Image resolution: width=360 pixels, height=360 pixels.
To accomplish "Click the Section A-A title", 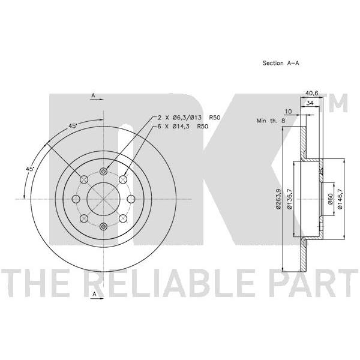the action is coord(281,63).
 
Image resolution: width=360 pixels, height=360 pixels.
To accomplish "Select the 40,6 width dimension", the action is coord(311,93).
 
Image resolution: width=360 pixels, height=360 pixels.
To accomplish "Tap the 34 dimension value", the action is coord(310,103).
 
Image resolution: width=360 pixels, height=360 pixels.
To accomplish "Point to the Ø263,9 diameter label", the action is coord(278,199).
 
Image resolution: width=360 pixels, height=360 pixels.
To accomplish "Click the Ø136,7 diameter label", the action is coord(290,199).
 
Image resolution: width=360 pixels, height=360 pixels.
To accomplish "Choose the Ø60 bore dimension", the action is coord(330,199).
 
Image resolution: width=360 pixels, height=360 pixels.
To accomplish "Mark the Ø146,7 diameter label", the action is coord(340,199).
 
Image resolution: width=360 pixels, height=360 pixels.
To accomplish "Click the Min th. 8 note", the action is coord(271,121).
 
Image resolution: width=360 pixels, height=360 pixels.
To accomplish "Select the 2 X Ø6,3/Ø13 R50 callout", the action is coord(189,118).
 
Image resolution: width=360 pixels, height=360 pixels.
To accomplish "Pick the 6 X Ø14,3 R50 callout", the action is coord(183,126).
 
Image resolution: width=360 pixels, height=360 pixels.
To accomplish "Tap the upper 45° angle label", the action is coord(73,126).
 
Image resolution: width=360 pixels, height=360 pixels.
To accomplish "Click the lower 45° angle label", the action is coord(30,169).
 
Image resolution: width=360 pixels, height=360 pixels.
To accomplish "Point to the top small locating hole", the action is coord(104,171).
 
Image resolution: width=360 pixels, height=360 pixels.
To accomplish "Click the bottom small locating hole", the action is coord(104,227).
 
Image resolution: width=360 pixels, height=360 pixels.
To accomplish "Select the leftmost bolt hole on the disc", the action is coord(76,199).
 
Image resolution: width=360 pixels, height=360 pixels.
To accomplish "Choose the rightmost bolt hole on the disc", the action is coord(131,199).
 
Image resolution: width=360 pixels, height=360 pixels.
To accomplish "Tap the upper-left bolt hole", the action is coord(84,179).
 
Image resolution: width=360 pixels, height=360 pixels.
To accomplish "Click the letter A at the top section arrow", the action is coord(93,95).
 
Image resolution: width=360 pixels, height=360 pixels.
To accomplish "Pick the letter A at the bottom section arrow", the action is coord(94,294).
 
